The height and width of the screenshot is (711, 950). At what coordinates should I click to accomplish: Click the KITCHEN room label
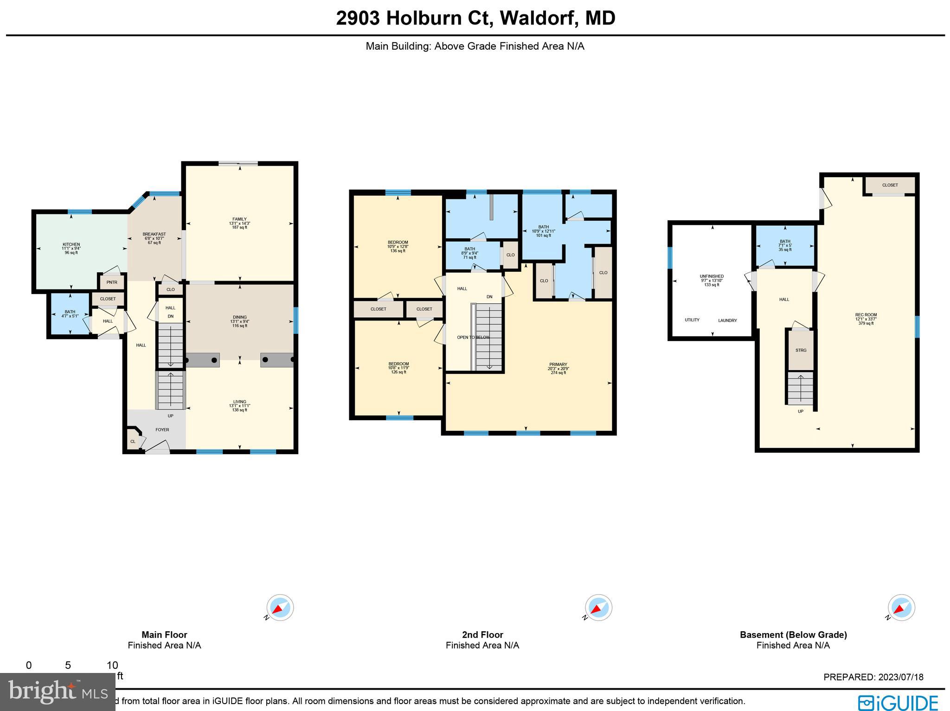point(71,244)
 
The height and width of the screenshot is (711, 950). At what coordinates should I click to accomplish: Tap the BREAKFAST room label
point(154,234)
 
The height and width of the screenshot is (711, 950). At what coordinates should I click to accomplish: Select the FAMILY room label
point(239,219)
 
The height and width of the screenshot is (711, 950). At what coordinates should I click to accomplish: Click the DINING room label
point(239,318)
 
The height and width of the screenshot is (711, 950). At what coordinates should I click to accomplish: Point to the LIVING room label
point(239,402)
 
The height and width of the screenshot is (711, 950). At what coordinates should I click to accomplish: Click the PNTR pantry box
point(112,282)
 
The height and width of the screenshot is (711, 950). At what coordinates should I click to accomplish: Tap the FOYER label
point(162,430)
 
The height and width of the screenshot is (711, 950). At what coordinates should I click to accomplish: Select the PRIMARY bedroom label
point(558,365)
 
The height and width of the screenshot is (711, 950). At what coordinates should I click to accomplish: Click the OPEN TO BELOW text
point(473,337)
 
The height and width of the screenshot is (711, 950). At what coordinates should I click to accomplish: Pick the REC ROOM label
point(866,315)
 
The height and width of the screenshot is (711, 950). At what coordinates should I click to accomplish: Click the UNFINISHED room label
point(712,276)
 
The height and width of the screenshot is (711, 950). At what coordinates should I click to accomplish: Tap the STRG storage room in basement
point(801,351)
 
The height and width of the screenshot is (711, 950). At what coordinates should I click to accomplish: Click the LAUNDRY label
point(727,320)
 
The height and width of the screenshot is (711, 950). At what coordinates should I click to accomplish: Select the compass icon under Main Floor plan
point(280,607)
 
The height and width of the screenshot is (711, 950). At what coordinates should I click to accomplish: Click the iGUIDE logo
point(898,702)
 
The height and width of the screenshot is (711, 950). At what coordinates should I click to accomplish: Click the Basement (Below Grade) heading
point(793,635)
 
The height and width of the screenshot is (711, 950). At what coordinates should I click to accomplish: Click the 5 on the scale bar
point(68,666)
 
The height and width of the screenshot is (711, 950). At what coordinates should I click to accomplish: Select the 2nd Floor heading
point(482,635)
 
